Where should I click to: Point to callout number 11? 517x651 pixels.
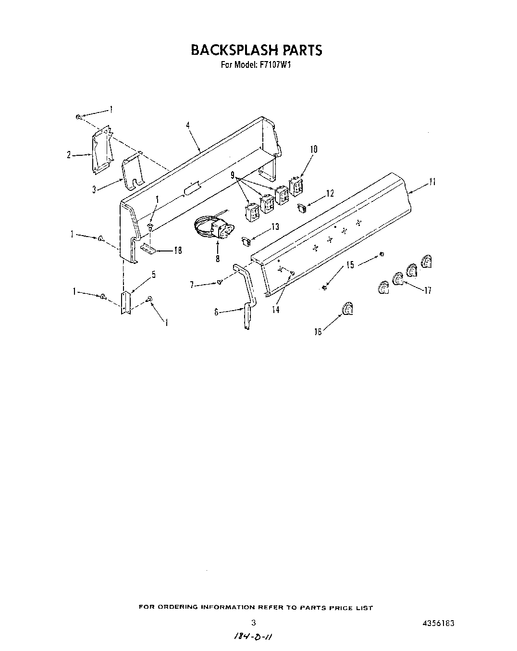pos(432,182)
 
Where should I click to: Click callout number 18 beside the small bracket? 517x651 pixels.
pos(177,250)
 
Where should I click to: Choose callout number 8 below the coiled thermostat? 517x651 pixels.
pos(218,258)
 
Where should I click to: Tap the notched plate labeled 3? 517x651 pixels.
pos(132,172)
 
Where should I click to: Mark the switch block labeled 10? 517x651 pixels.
pos(295,186)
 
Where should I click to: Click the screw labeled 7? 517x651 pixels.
pos(220,282)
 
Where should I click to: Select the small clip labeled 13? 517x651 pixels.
pos(246,239)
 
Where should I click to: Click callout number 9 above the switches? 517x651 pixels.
pos(233,175)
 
